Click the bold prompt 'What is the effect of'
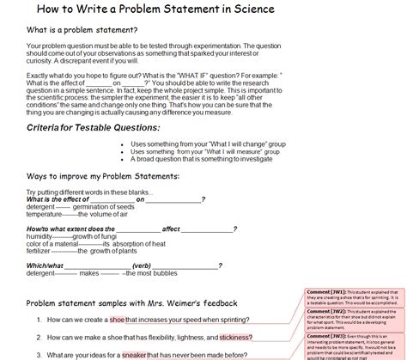[58, 199]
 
